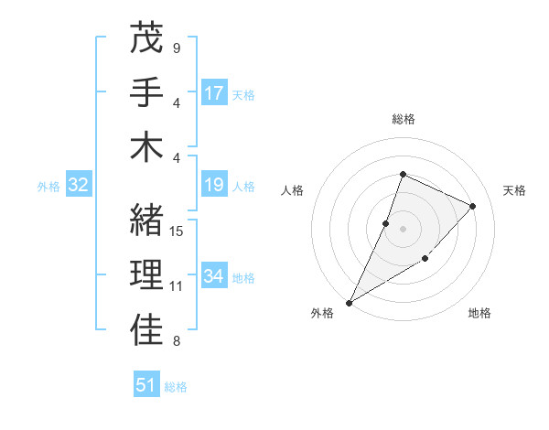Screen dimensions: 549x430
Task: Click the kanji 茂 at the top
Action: [x=147, y=39]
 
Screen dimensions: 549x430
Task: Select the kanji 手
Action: [x=147, y=92]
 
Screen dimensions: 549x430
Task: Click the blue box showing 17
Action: [x=214, y=93]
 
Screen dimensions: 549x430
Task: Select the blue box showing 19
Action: [x=214, y=186]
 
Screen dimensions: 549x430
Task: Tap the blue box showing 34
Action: [x=214, y=277]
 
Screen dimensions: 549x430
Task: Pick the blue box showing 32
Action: [x=78, y=186]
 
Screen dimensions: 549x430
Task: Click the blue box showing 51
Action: [x=146, y=385]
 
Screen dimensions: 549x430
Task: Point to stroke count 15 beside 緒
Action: [x=178, y=231]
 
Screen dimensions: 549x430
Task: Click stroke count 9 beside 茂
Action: [x=177, y=48]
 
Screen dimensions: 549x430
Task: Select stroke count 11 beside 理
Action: [x=178, y=286]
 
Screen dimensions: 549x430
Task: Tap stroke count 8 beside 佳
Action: [x=177, y=341]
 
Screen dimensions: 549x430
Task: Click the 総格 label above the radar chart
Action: [x=403, y=119]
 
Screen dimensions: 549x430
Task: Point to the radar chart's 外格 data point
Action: [x=349, y=302]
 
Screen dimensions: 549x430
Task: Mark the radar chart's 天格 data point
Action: [x=473, y=206]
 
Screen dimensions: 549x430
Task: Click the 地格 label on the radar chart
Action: [x=479, y=313]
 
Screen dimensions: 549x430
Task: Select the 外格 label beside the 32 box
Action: [x=48, y=187]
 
